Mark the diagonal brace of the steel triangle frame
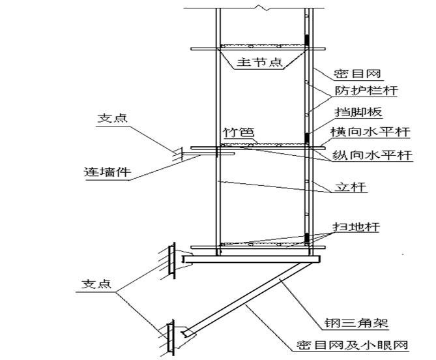248,297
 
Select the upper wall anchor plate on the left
171,260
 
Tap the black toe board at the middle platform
307,138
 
